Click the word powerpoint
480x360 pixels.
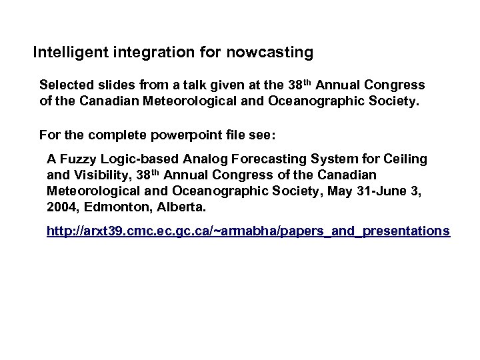coord(176,136)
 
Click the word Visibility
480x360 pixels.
coord(99,175)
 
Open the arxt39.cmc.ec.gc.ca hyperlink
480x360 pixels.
coord(248,231)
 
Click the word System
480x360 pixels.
coord(327,160)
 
